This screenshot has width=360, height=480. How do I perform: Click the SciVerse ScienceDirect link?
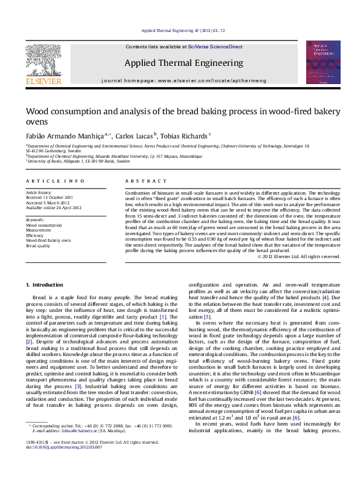click(215, 47)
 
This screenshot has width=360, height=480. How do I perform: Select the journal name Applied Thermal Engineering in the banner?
click(184, 63)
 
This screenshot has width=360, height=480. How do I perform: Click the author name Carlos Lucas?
click(134, 135)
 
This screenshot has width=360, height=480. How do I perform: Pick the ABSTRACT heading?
click(146, 181)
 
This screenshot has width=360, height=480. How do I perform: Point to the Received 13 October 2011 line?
click(50, 197)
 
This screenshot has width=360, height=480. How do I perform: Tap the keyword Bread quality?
click(38, 246)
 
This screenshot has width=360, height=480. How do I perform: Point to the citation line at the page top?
click(183, 30)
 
